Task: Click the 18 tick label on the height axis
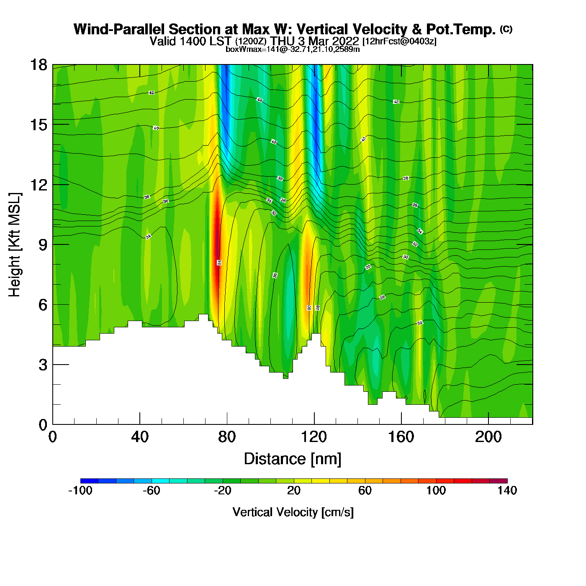[38, 65]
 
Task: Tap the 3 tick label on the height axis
[43, 365]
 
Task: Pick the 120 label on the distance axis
[314, 437]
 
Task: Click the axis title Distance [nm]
[293, 459]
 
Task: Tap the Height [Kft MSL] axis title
[15, 245]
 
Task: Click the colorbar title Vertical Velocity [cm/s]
[293, 512]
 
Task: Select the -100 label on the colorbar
[80, 491]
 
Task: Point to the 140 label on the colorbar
[507, 491]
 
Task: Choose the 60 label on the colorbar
[365, 491]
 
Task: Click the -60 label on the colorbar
[151, 491]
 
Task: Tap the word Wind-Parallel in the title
[119, 29]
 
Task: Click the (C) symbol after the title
[506, 29]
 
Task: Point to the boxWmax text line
[293, 49]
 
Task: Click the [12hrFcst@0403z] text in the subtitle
[399, 41]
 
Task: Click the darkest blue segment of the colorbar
[89, 481]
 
